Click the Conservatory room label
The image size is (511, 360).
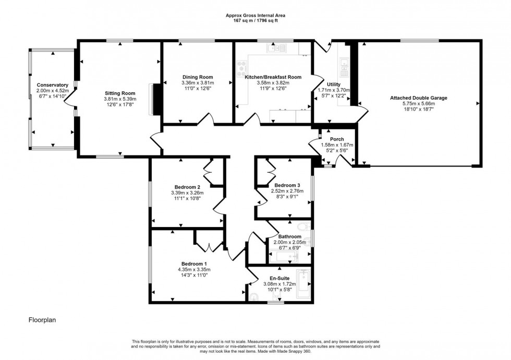click(x=53, y=85)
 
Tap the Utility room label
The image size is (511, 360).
click(x=334, y=84)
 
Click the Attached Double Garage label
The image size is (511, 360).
click(x=419, y=98)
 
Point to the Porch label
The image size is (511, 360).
click(x=336, y=139)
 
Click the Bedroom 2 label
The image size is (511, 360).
click(x=187, y=187)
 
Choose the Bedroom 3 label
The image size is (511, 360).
click(x=287, y=185)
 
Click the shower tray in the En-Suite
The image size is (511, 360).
click(x=303, y=284)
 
